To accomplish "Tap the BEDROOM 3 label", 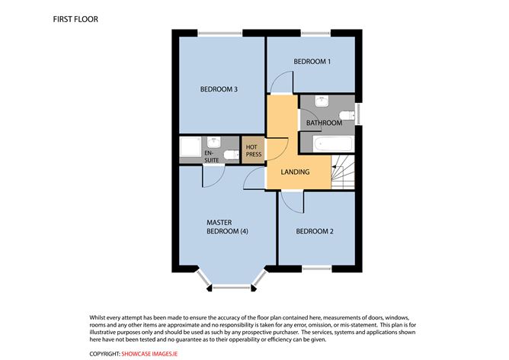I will click(219, 89).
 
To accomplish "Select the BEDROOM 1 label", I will click(312, 62).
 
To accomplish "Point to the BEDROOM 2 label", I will click(315, 231).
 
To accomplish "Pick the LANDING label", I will click(295, 172).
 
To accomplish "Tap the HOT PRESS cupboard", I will click(253, 149).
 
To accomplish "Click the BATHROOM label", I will click(323, 122).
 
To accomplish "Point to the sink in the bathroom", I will click(322, 101).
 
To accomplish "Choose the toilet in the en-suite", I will click(229, 154).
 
